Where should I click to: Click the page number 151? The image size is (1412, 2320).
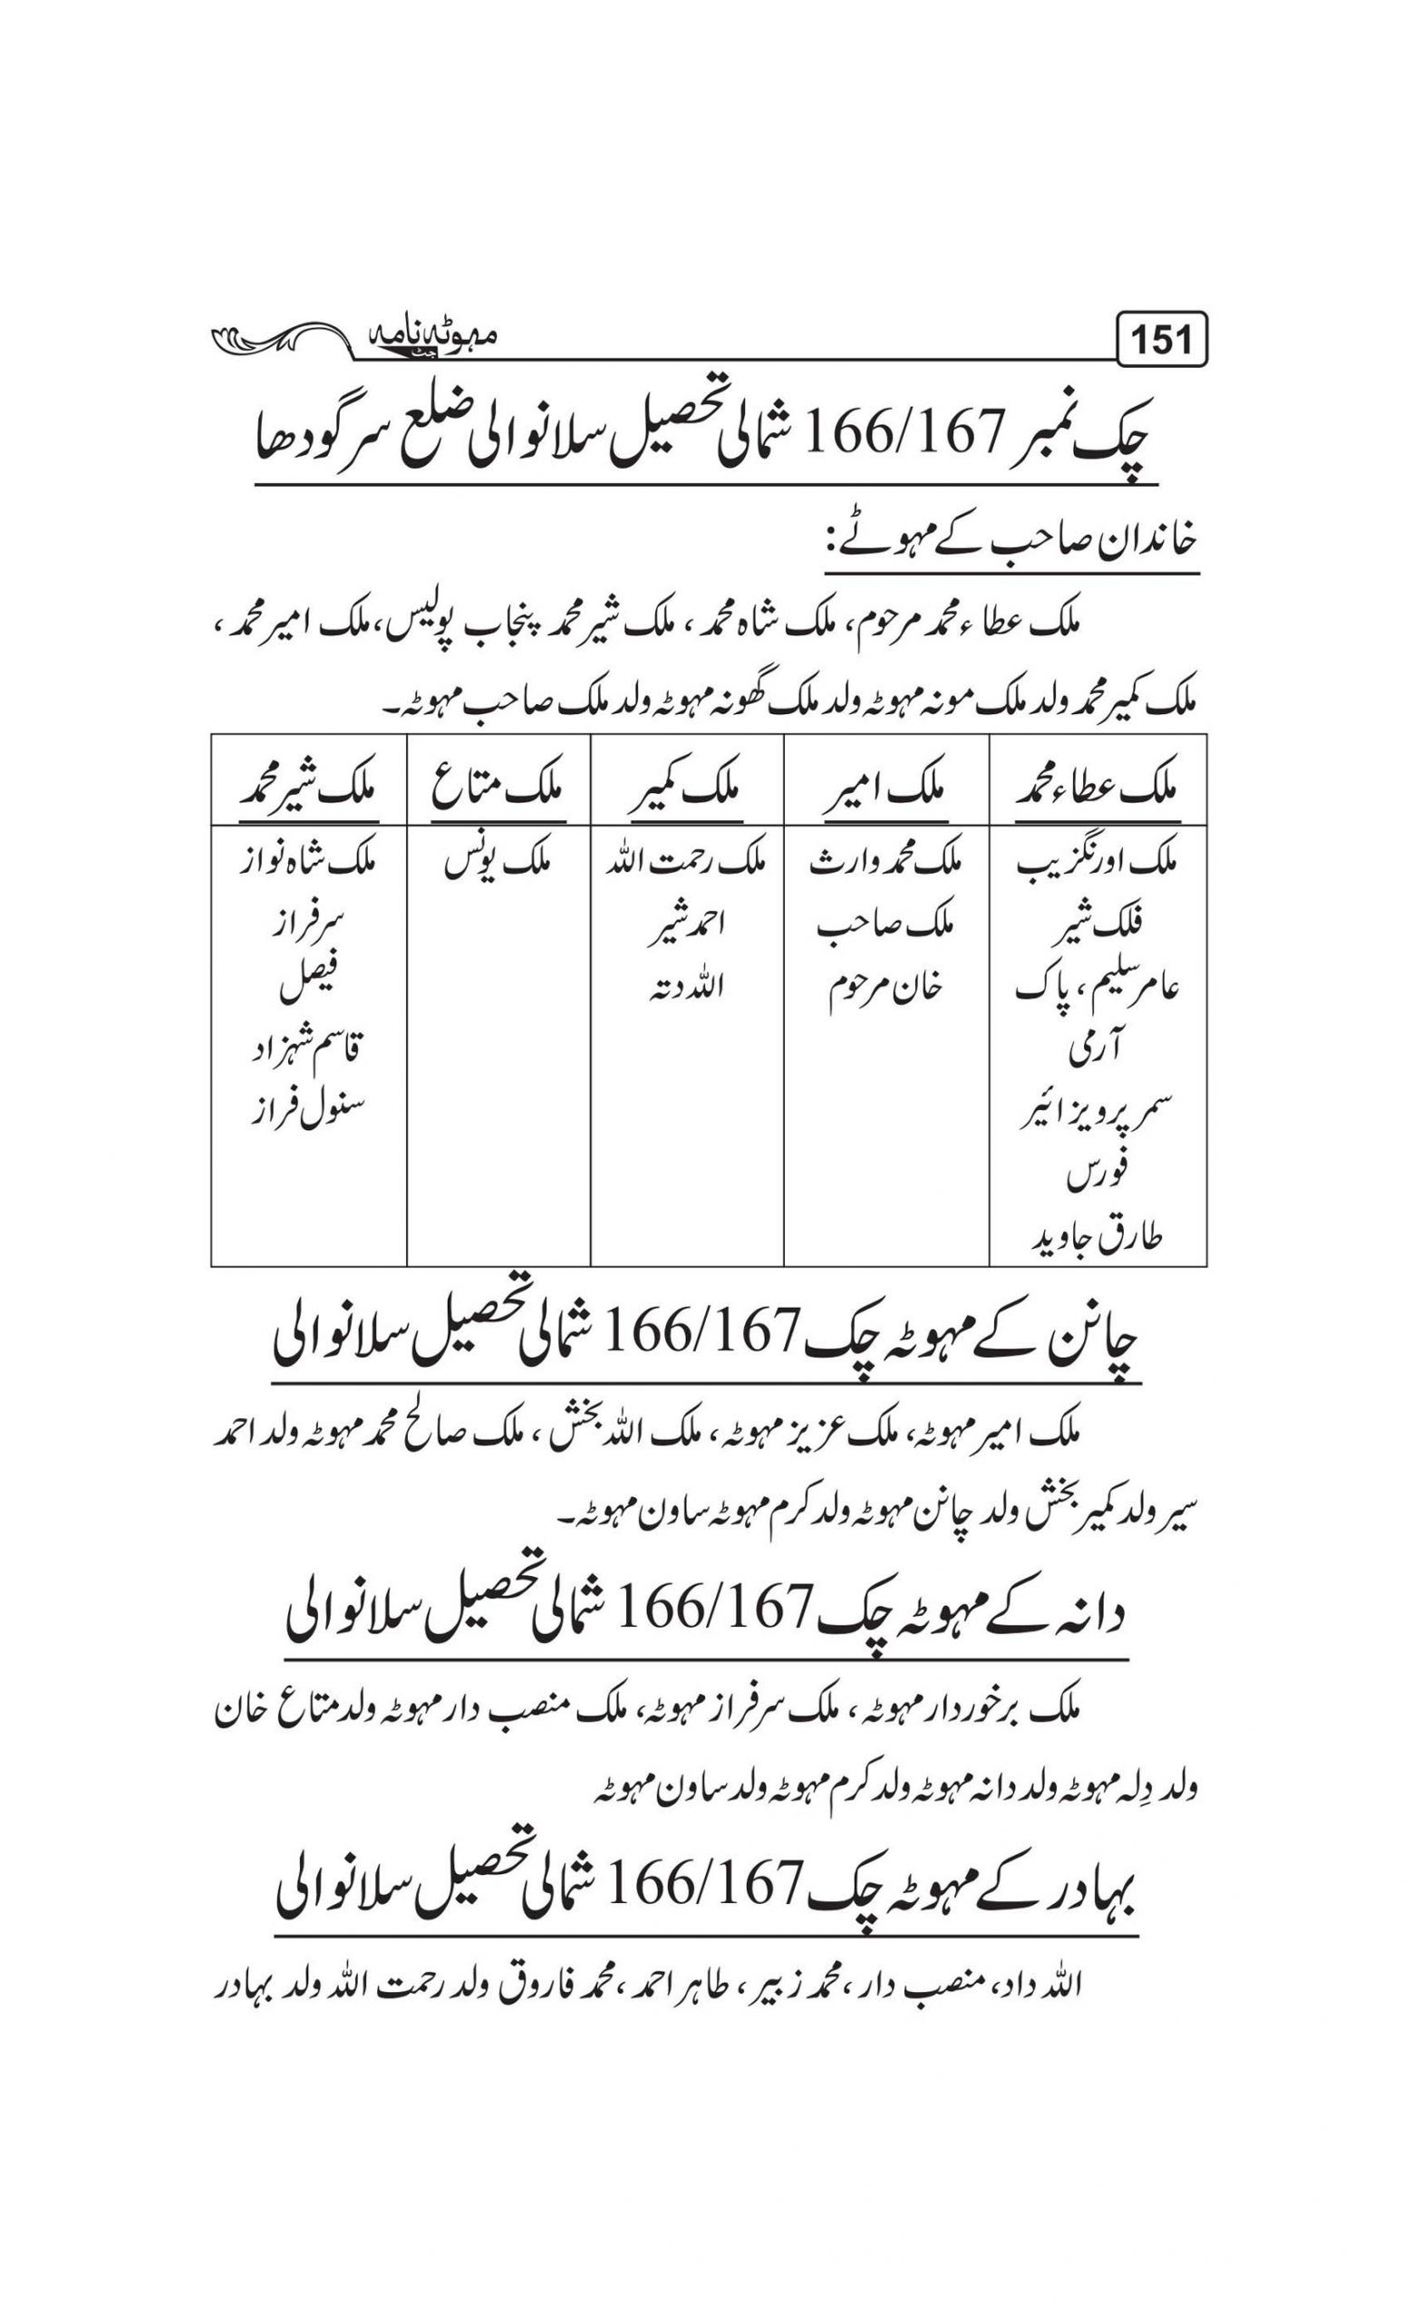tap(1162, 340)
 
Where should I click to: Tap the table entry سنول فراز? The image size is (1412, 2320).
tap(308, 1110)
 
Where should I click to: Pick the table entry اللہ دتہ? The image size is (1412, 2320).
tap(686, 988)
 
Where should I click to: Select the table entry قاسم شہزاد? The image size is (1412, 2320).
tap(308, 1049)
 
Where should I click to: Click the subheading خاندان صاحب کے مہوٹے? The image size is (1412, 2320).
tap(1012, 542)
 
